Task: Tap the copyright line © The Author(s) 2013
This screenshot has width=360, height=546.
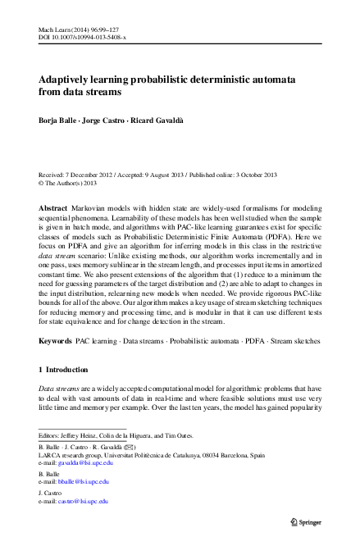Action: [x=74, y=183]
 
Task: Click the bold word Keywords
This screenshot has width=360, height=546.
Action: [x=55, y=338]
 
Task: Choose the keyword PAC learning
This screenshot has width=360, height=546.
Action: [x=95, y=338]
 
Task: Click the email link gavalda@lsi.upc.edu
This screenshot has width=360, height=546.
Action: [x=86, y=463]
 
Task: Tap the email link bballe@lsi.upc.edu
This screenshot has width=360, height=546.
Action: [x=84, y=482]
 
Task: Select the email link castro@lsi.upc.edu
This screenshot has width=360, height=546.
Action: [x=84, y=500]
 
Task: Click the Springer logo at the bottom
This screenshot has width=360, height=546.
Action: [x=303, y=519]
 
